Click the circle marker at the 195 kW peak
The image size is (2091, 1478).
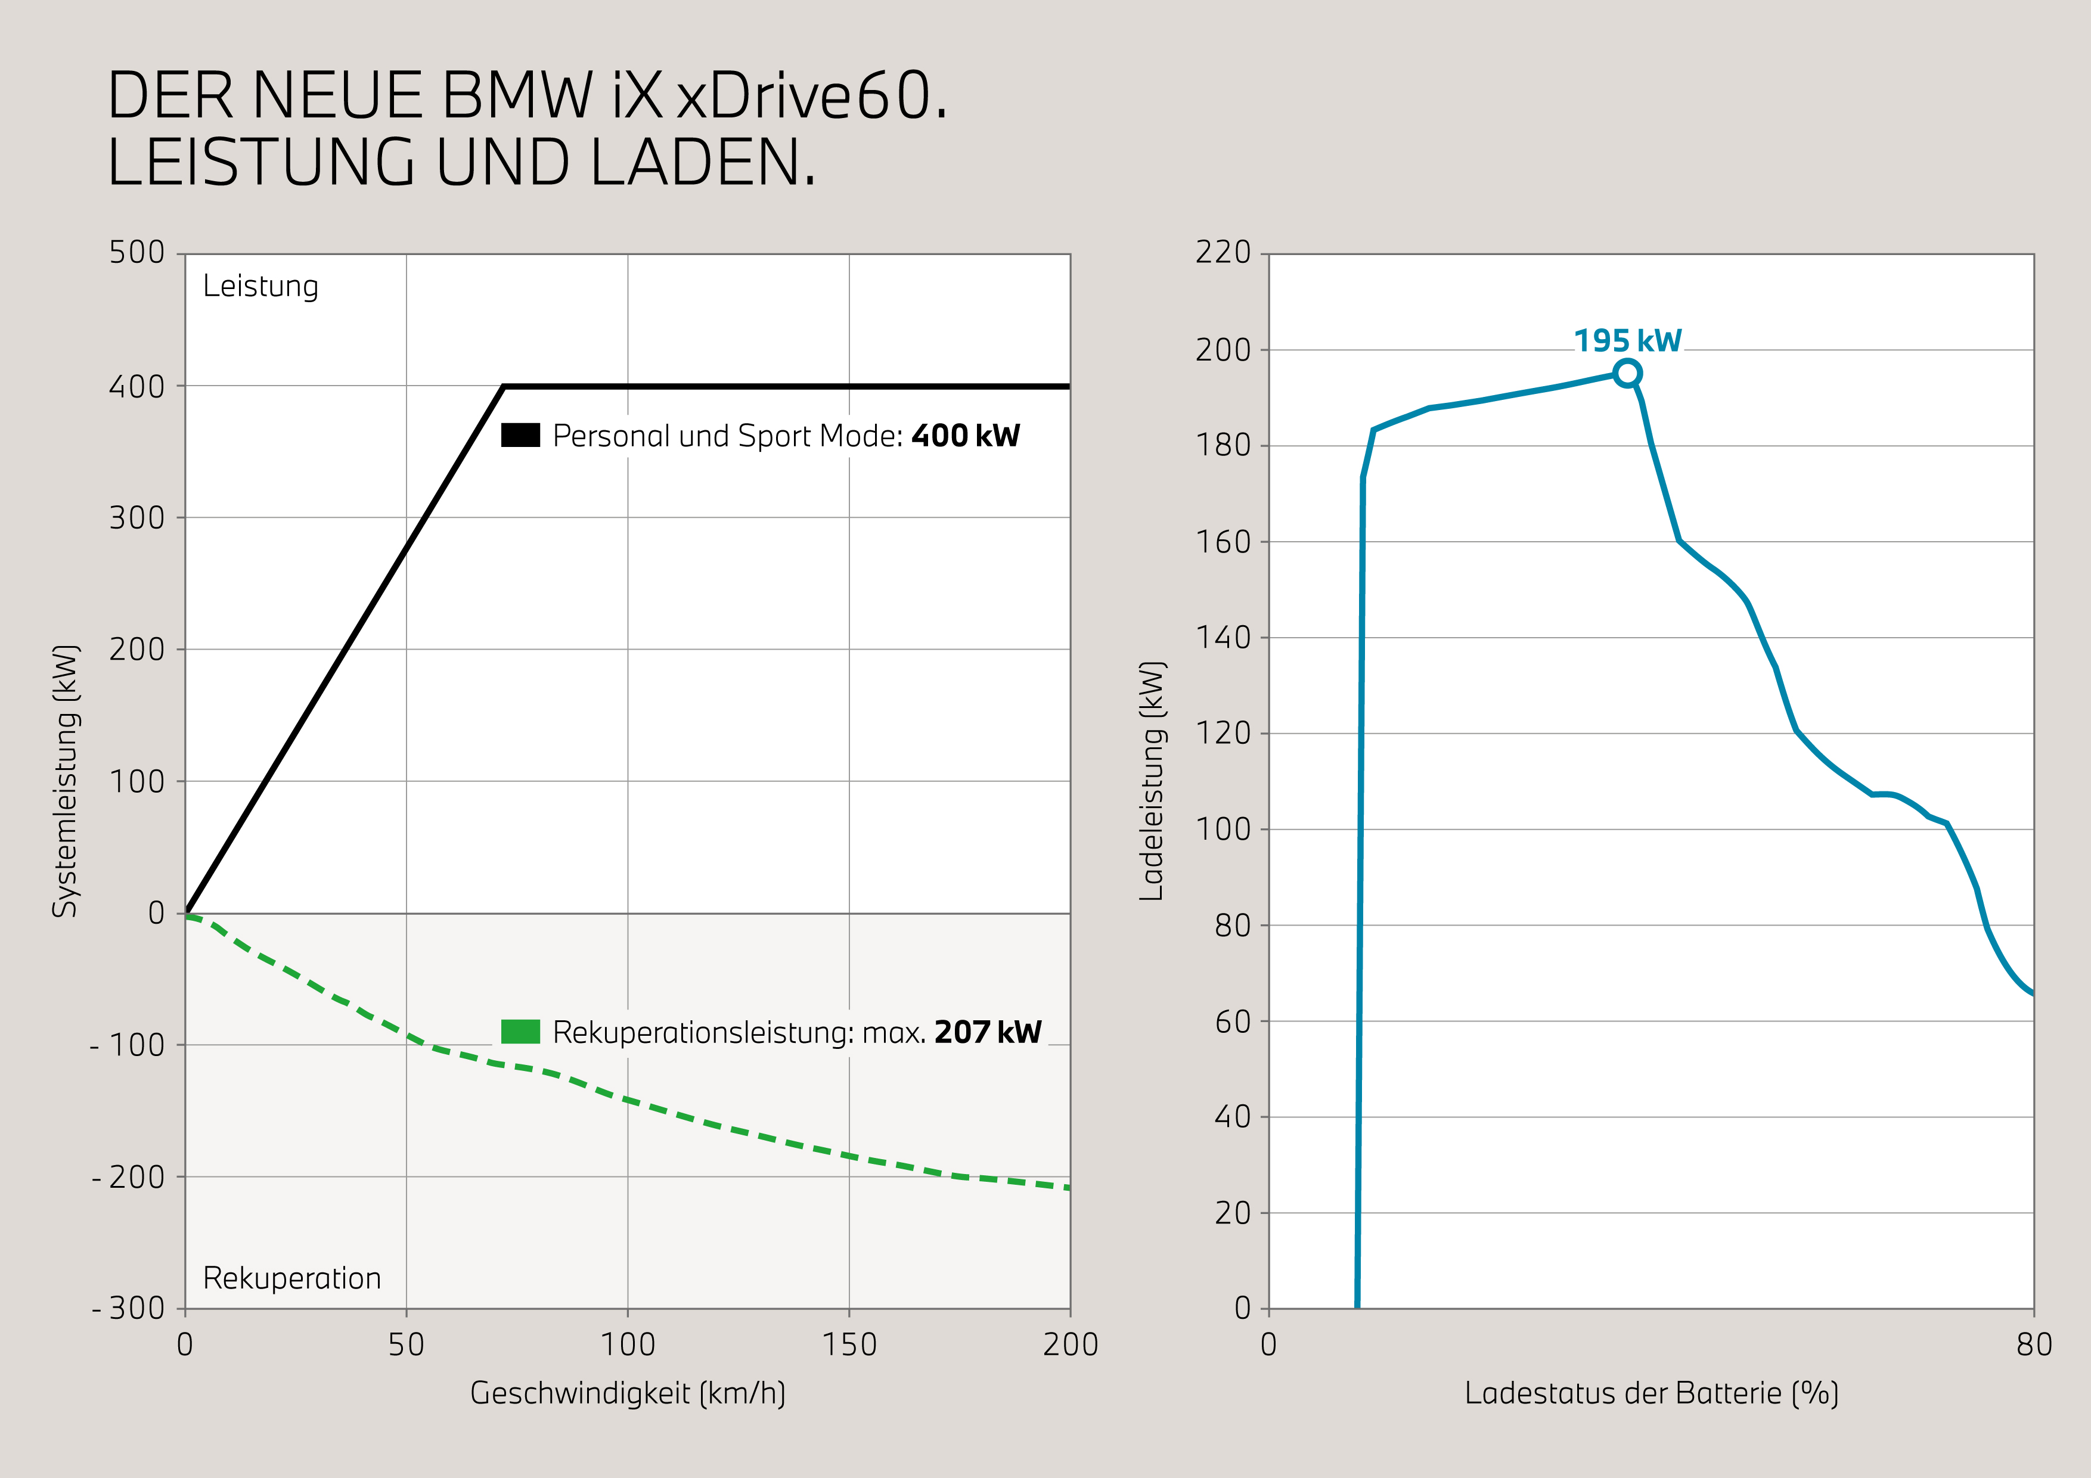(x=1627, y=373)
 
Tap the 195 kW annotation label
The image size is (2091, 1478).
(x=1627, y=340)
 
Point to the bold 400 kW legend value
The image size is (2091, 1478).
(x=966, y=436)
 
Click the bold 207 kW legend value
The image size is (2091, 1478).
(x=987, y=1033)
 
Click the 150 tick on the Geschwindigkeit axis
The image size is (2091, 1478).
(x=849, y=1344)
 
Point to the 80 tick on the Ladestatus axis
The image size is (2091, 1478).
(x=2034, y=1344)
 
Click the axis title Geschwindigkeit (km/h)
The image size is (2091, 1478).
(x=628, y=1393)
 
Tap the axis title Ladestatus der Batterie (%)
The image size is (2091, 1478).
(x=1651, y=1393)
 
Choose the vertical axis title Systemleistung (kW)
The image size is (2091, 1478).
(x=66, y=781)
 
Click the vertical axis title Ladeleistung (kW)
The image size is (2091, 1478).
(x=1152, y=781)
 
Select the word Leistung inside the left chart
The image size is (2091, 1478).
(x=260, y=286)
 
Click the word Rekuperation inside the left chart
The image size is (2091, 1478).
(x=291, y=1278)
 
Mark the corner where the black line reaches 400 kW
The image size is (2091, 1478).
(x=504, y=387)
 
